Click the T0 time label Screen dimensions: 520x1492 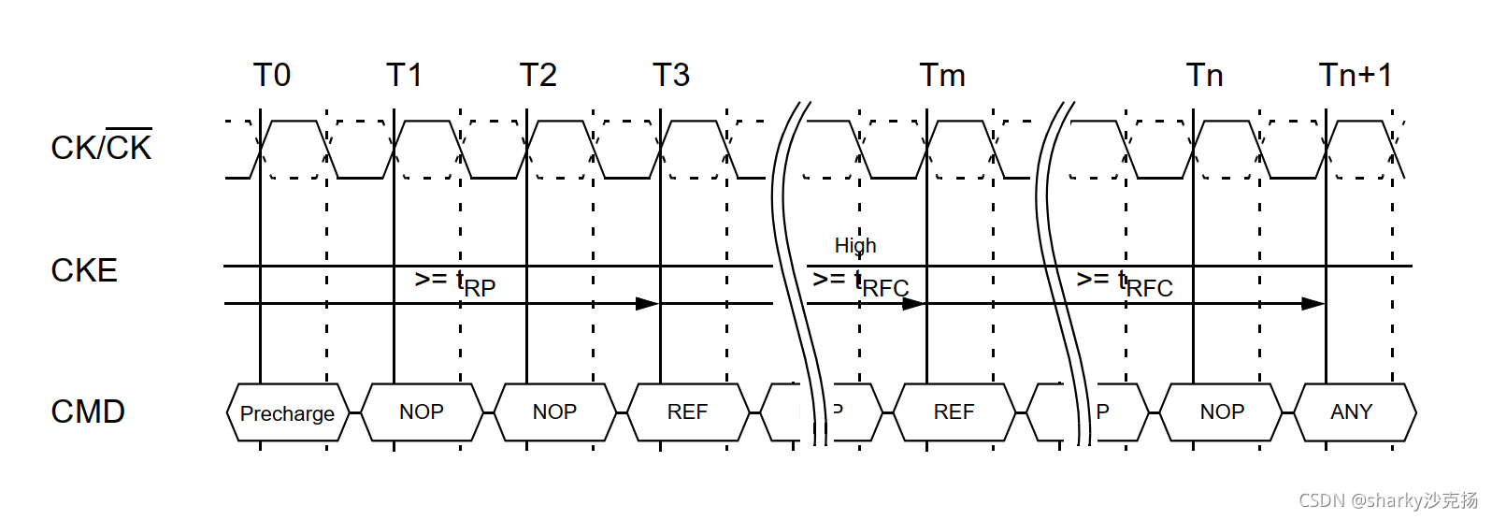pos(272,75)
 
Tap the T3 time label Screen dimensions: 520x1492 pos(671,75)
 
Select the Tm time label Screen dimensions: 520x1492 pos(942,75)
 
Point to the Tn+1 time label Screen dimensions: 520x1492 pos(1356,75)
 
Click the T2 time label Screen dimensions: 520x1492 pos(538,75)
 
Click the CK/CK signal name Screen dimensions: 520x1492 pos(101,147)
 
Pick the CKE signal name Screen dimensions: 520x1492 pos(84,270)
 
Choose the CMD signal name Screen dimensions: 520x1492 pos(88,412)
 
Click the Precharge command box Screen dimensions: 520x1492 pos(287,412)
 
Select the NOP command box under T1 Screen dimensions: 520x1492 pos(422,412)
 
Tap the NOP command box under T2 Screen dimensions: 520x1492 pos(554,412)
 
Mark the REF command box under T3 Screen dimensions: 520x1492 pos(688,412)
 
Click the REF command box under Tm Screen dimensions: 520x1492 pos(954,412)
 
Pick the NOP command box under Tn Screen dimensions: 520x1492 pos(1222,412)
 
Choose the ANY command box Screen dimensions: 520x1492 pos(1352,412)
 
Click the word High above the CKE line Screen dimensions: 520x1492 pos(855,245)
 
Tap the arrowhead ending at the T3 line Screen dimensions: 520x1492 pos(648,303)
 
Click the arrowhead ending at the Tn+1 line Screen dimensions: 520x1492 pos(1313,303)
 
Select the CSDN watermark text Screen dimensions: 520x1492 pos(1388,500)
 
